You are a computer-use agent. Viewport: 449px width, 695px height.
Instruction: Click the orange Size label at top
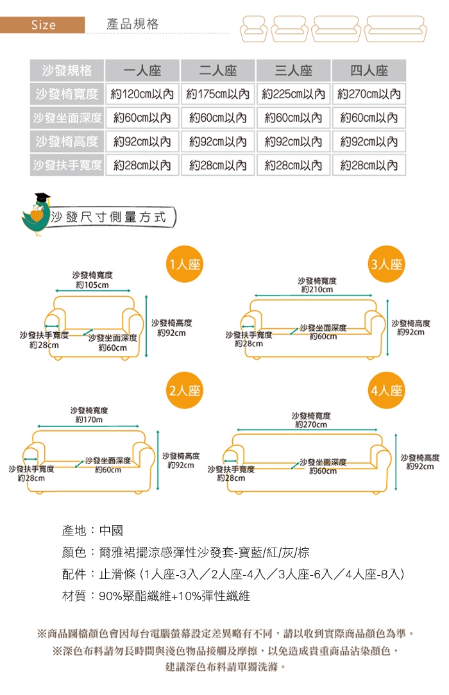[43, 25]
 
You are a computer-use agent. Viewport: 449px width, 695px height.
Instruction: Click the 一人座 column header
[142, 71]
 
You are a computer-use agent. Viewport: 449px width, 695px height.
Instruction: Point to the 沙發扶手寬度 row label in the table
[67, 165]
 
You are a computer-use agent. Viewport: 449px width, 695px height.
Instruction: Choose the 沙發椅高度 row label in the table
[67, 141]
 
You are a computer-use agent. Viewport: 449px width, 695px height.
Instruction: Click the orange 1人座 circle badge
[184, 264]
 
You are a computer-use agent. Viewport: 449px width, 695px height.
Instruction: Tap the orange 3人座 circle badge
[387, 264]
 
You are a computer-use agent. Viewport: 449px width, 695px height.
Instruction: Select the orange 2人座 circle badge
[184, 390]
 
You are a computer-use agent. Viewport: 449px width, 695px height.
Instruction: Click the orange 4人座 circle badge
[387, 390]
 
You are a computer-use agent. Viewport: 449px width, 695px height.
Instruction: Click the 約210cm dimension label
[317, 290]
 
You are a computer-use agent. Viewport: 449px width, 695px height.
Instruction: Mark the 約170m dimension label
[89, 419]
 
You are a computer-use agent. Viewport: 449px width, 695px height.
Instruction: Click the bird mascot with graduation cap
[35, 213]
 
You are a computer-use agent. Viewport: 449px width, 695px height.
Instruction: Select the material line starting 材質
[156, 596]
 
